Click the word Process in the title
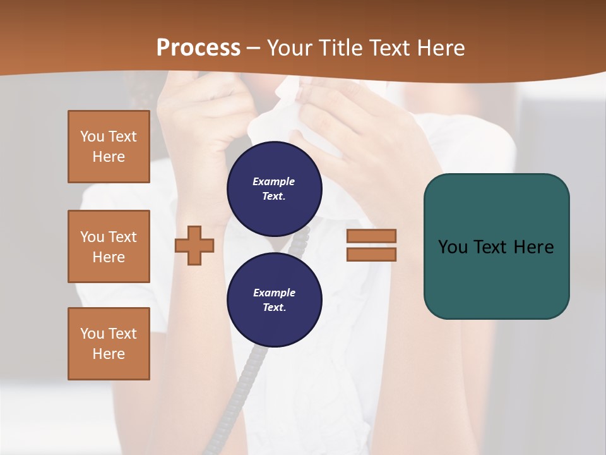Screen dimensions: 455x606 pos(198,48)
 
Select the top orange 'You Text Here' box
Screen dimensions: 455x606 pos(109,147)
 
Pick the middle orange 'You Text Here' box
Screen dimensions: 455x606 pos(109,246)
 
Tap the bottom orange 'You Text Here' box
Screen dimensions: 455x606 pos(109,344)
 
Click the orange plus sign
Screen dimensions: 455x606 pos(194,246)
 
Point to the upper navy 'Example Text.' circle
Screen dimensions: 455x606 pos(274,188)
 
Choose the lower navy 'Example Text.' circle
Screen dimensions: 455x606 pos(274,300)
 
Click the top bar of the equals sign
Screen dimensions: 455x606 pos(371,236)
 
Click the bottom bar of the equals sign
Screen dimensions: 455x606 pos(371,254)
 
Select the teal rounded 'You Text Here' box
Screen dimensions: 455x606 pos(496,246)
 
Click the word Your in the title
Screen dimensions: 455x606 pos(288,48)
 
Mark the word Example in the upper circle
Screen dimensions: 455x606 pos(273,181)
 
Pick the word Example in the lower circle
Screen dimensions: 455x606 pos(274,293)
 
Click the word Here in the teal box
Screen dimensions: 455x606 pos(533,247)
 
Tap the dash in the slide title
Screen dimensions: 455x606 pos(254,48)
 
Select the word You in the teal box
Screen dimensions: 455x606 pos(453,247)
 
